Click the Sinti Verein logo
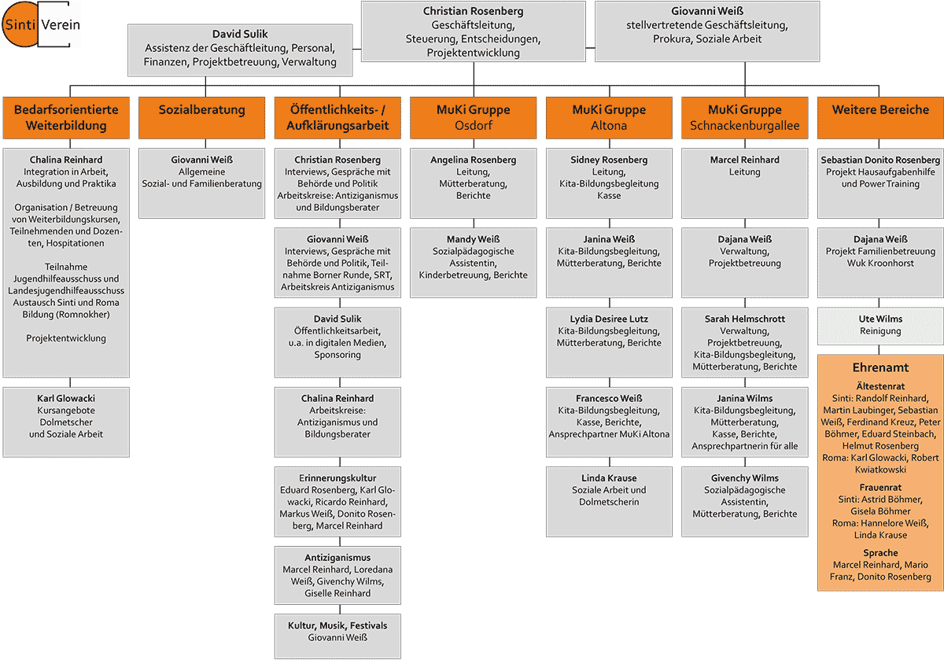41,25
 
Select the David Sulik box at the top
240,49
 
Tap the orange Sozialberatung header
201,110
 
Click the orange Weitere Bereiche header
880,110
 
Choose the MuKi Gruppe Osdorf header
473,117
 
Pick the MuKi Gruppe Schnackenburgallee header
744,117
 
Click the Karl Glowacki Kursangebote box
66,421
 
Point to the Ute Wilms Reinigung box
880,326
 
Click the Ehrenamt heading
880,367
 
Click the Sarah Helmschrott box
744,342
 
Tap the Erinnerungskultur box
337,502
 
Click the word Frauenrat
880,488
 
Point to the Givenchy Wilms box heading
744,478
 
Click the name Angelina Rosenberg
473,160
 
